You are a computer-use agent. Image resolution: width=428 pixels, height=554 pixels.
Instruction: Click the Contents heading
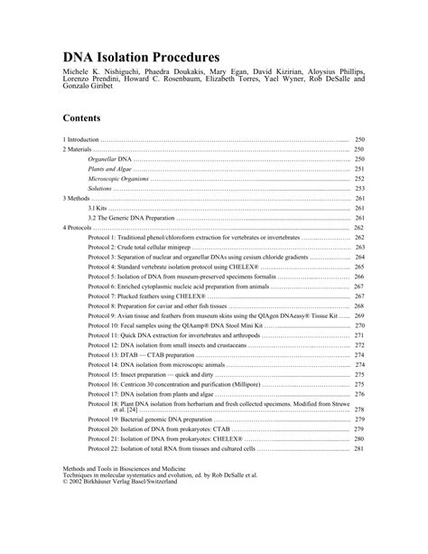coord(82,118)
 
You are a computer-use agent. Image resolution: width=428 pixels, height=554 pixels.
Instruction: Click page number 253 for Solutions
coord(358,188)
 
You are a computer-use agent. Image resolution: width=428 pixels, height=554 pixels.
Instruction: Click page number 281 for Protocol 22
coord(358,449)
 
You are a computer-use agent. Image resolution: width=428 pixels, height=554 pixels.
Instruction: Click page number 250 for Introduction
coord(358,140)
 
